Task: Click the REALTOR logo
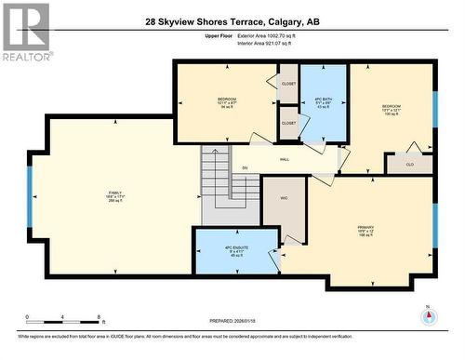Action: [25, 32]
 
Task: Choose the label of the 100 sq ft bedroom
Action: [391, 109]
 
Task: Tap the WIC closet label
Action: [284, 198]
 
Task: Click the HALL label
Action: [284, 159]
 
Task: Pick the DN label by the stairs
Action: [245, 168]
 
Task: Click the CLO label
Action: [410, 165]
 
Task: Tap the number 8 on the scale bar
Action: [99, 317]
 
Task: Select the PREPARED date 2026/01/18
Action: [232, 321]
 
